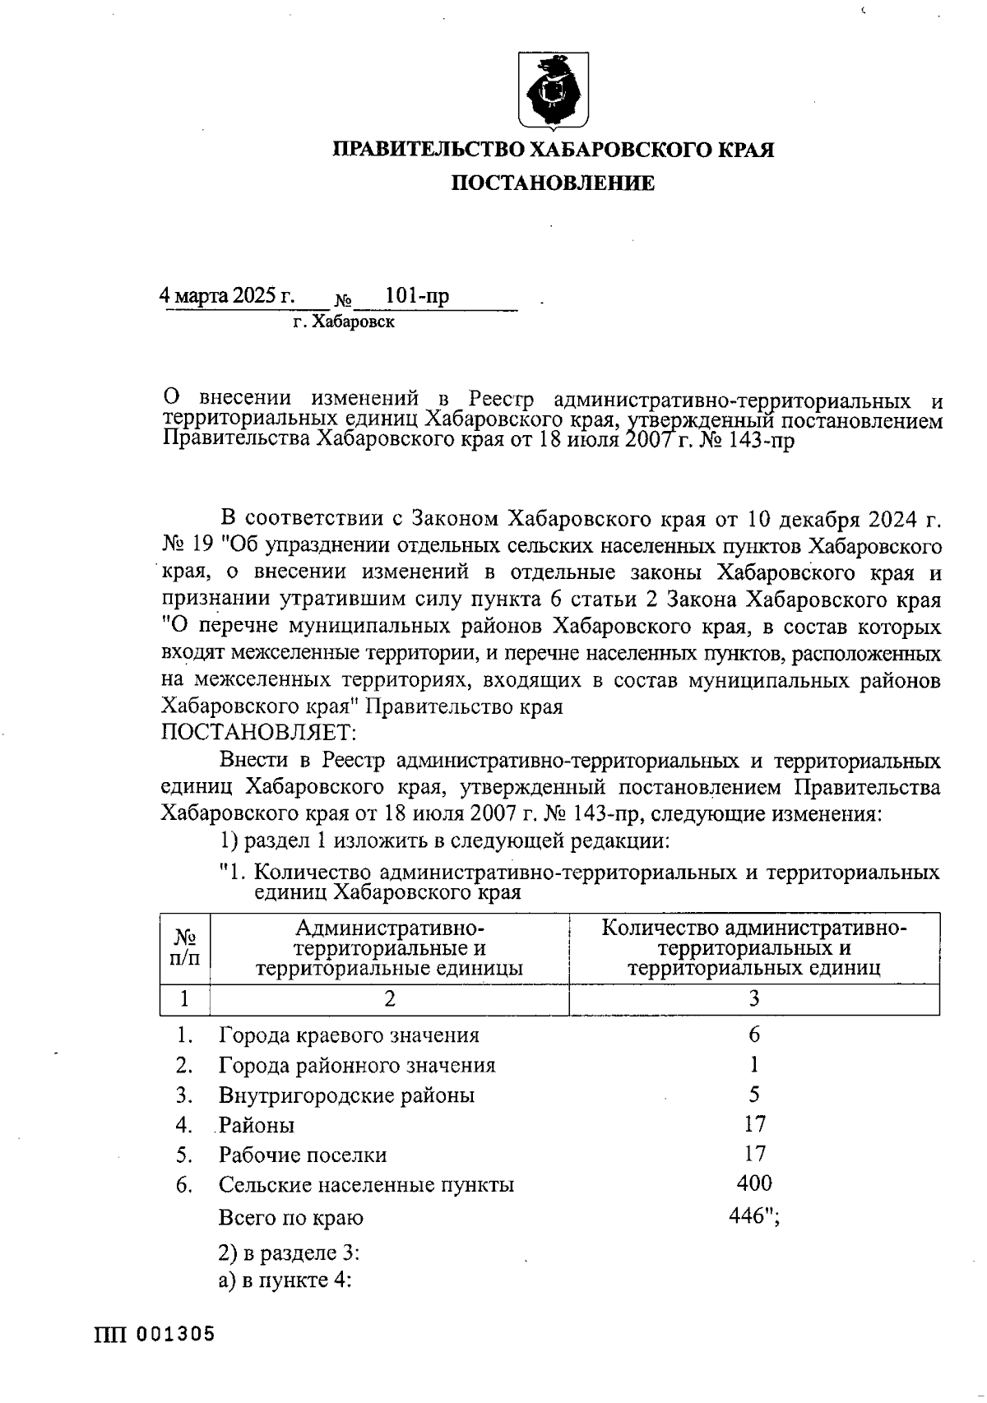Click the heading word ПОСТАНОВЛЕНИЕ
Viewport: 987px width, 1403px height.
(x=553, y=183)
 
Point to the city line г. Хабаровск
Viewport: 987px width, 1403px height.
(x=344, y=322)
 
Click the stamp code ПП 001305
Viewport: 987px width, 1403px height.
(x=155, y=1334)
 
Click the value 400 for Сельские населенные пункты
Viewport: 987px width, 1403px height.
(x=754, y=1183)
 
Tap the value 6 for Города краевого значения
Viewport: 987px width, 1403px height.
(x=754, y=1034)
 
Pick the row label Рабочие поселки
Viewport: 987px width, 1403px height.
(x=303, y=1155)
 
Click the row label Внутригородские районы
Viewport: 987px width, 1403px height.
(x=346, y=1095)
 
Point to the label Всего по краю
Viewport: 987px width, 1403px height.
(x=290, y=1217)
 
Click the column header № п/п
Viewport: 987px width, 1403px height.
(x=185, y=947)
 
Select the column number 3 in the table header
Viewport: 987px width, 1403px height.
(x=753, y=998)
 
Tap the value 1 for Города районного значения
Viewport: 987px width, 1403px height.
(x=754, y=1064)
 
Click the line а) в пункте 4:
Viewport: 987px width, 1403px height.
(x=285, y=1281)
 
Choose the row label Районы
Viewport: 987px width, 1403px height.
(x=257, y=1125)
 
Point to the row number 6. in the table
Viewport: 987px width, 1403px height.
(x=184, y=1185)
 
